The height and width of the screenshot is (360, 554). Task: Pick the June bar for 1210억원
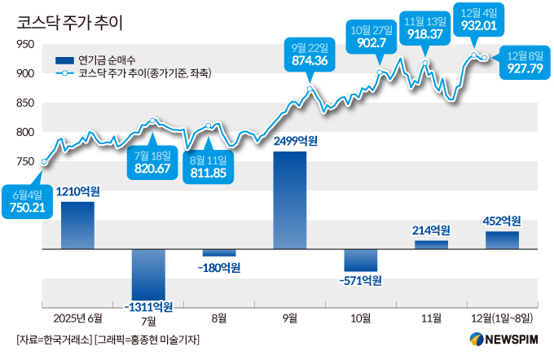[77, 225]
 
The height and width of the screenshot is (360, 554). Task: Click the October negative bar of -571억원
[361, 260]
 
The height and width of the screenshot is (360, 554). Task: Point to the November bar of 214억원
[431, 244]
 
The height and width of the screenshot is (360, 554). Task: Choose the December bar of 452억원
[502, 240]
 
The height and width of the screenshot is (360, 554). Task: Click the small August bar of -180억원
[219, 252]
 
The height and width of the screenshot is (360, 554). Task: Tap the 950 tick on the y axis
[25, 45]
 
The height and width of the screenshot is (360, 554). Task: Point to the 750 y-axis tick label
[25, 162]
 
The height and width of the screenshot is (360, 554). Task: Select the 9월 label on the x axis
[290, 317]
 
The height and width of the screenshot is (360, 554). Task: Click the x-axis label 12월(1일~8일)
[502, 317]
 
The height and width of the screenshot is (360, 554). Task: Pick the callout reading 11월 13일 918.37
[424, 28]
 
